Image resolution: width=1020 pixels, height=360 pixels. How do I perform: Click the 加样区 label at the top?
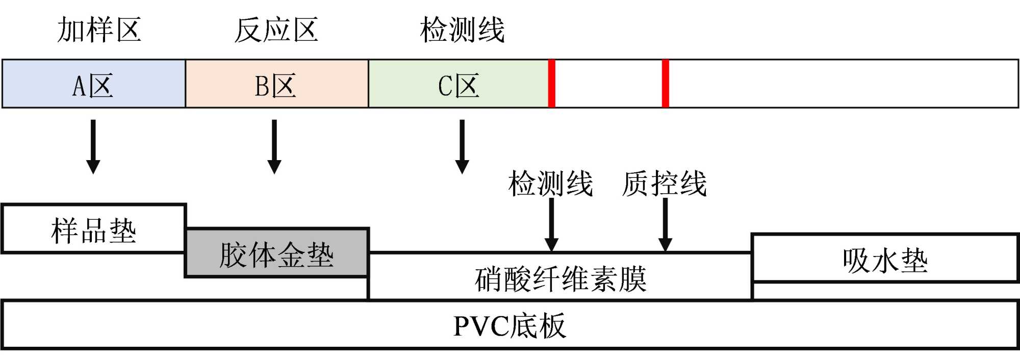99,30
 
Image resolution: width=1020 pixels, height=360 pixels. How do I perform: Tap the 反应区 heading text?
276,30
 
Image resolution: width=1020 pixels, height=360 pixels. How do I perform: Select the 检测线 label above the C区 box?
462,30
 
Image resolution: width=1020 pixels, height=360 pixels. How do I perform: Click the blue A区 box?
94,84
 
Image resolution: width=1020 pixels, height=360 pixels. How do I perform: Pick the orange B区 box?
277,84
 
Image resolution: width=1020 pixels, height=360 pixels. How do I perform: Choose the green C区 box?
458,84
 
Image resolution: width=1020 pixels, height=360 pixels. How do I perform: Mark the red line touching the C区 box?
552,84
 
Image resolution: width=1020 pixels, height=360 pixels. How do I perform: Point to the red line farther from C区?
666,84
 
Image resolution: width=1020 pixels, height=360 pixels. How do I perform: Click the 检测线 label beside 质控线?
550,184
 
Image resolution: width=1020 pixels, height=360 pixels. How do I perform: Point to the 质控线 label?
665,184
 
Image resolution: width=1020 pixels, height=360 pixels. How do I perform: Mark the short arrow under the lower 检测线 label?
552,224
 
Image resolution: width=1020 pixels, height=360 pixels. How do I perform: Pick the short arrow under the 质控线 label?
666,224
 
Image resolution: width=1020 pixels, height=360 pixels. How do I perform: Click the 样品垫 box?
94,229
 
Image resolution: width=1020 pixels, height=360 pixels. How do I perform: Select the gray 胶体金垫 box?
276,253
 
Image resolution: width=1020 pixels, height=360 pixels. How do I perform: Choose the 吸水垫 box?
885,259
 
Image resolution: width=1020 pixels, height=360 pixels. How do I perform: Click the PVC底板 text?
509,325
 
